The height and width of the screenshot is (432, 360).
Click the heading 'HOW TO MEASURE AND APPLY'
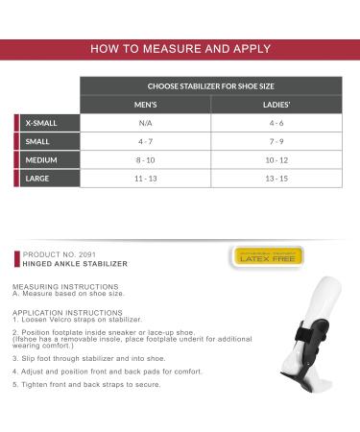click(x=180, y=49)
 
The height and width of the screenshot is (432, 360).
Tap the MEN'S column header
click(x=146, y=105)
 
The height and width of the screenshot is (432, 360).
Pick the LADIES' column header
click(x=277, y=105)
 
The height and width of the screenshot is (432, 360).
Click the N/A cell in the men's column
click(x=146, y=123)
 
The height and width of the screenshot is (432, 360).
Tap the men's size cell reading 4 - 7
click(x=146, y=141)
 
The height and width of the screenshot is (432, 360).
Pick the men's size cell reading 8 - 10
click(x=146, y=159)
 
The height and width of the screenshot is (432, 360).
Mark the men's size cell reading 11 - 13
click(x=146, y=178)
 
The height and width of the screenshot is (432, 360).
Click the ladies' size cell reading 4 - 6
click(x=277, y=123)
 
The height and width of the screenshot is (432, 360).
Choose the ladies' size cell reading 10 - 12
click(x=277, y=159)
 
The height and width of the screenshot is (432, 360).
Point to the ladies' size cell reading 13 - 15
click(x=277, y=178)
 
